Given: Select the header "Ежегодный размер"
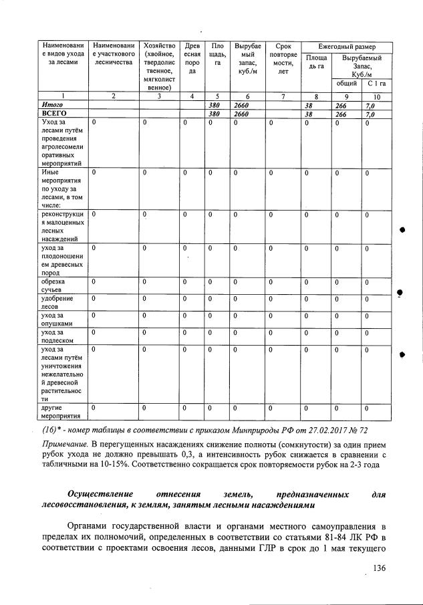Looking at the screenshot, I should pos(346,46).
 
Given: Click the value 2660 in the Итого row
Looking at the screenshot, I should pos(241,106).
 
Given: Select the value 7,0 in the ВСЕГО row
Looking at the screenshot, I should pos(370,114).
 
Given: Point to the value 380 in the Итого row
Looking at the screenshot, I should pos(214,106).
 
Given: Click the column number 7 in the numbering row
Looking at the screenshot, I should pos(281,97).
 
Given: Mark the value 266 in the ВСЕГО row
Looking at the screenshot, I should pos(341,114).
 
